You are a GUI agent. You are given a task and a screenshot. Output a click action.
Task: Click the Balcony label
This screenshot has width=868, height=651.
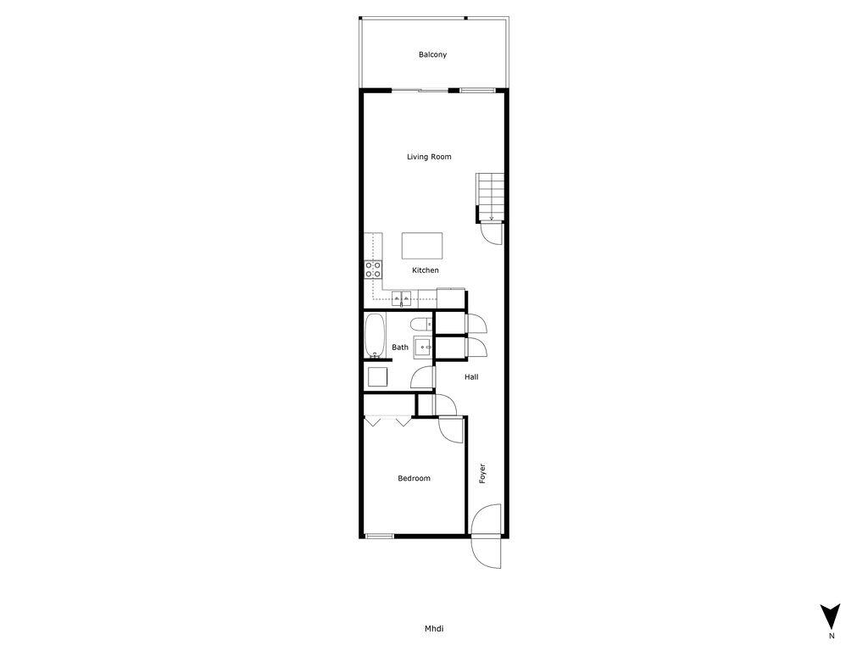[x=432, y=55]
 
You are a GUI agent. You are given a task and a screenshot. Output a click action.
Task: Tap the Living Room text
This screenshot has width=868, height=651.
[x=429, y=157]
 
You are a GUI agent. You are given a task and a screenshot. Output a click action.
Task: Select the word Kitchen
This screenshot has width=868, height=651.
[x=426, y=270]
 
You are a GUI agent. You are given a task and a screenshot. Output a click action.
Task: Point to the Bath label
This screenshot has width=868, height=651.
[x=400, y=348]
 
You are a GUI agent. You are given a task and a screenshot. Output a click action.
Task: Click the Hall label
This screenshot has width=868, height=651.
[x=471, y=376]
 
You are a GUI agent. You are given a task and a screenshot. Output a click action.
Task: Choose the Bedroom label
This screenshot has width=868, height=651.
[x=415, y=479]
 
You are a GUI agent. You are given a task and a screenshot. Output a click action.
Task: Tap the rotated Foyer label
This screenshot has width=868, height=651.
[x=482, y=473]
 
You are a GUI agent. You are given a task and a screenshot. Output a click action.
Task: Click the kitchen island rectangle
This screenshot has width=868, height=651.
[x=422, y=246]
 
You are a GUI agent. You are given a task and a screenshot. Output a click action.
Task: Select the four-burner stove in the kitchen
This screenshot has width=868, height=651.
[x=373, y=270]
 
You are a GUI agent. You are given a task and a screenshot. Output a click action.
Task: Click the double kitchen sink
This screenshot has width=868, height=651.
[x=403, y=298]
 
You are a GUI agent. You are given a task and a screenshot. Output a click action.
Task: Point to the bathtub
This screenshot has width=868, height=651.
[x=375, y=336]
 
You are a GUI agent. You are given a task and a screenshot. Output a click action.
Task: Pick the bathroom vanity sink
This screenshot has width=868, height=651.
[x=422, y=348]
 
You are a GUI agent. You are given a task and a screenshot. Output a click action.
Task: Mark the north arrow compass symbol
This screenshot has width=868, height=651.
[x=832, y=616]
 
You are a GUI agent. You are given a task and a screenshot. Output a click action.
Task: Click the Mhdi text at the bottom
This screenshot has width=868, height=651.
[x=434, y=629]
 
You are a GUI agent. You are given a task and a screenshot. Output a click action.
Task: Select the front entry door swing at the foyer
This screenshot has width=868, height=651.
[x=486, y=537]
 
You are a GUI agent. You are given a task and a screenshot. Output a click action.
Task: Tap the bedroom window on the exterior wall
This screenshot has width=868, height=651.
[x=379, y=535]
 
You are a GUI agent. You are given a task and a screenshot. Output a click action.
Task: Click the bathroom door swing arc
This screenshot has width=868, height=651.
[x=422, y=379]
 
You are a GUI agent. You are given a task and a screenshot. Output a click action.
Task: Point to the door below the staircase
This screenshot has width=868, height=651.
[x=491, y=233]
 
